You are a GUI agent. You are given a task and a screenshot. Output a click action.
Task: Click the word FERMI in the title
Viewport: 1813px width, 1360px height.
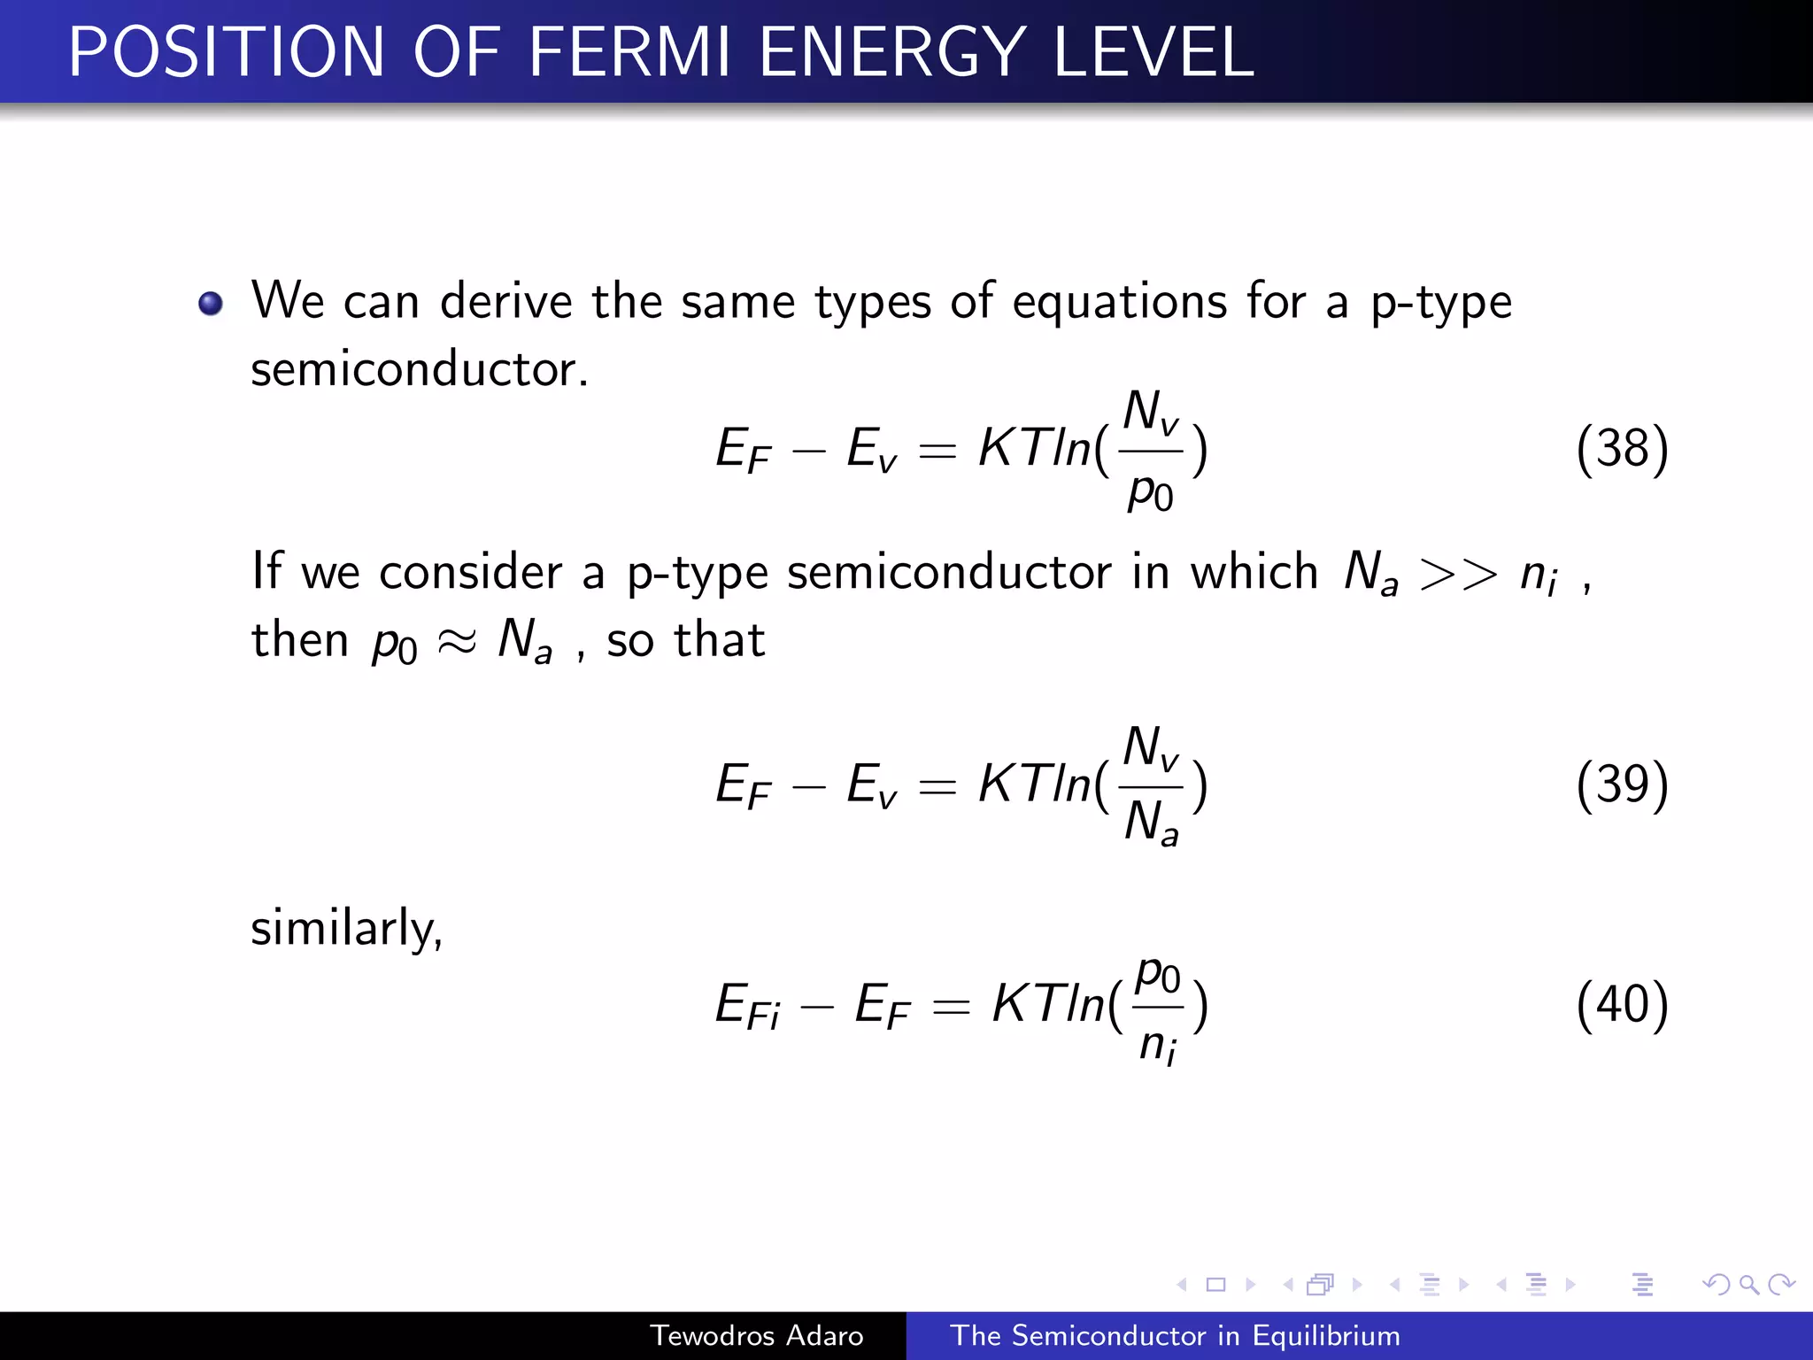point(629,53)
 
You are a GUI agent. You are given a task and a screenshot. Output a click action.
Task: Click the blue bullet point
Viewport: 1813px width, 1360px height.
point(211,304)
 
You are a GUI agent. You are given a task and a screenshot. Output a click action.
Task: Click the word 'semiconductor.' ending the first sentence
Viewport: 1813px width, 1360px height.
point(420,369)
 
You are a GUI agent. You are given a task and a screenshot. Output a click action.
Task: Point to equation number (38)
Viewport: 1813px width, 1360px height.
point(1622,449)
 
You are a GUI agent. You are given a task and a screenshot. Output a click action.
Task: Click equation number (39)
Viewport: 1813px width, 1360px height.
point(1622,784)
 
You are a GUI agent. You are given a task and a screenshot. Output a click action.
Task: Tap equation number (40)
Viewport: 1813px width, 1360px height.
point(1622,1004)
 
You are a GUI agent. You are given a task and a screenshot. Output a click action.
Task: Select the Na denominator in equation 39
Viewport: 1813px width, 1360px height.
point(1151,823)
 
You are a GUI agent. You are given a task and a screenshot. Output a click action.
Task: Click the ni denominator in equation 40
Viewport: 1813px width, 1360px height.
point(1158,1045)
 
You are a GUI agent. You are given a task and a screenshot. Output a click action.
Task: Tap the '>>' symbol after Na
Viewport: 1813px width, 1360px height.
point(1457,574)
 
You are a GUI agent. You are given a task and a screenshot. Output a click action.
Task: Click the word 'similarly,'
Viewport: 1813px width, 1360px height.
point(346,929)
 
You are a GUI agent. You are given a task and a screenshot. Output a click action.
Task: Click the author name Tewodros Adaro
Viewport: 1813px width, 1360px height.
point(756,1335)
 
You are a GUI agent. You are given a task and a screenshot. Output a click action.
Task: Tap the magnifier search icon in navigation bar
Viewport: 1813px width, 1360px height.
point(1748,1284)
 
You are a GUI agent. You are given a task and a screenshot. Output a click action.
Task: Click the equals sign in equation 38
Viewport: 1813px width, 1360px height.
point(937,451)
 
